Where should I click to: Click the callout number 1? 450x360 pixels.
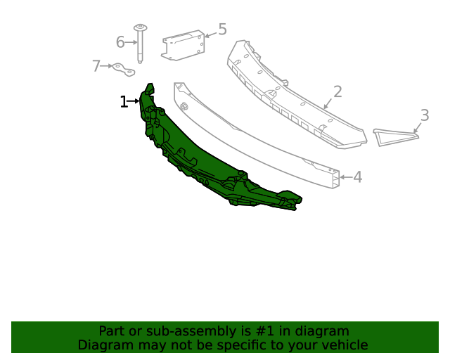(124, 102)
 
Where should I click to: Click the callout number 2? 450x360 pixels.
(337, 91)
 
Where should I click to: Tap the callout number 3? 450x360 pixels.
(425, 115)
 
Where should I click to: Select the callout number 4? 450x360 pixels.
(358, 177)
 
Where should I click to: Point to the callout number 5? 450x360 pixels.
(222, 30)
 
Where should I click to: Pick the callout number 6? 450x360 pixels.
(120, 42)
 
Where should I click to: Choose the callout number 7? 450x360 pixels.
(96, 65)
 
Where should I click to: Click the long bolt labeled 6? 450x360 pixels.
(140, 44)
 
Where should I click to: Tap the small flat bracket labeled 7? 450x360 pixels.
(124, 70)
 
